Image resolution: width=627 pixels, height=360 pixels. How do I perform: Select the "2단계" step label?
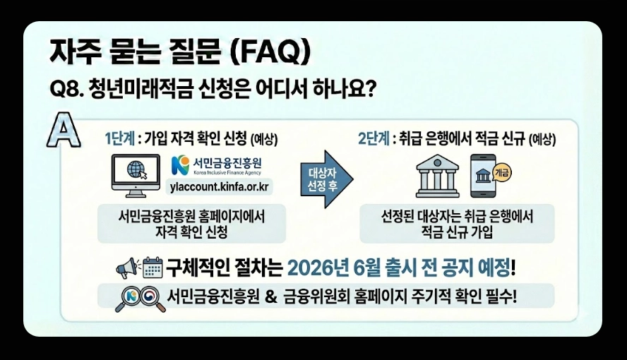373,138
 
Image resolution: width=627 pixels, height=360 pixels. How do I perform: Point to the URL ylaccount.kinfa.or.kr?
220,187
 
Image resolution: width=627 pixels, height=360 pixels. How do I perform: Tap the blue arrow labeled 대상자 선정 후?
324,179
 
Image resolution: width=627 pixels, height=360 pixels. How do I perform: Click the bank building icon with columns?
438,176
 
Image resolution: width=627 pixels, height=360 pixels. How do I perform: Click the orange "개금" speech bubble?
503,172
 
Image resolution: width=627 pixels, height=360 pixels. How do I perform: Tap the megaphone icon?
128,268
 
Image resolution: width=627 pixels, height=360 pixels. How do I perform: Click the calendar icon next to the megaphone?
153,268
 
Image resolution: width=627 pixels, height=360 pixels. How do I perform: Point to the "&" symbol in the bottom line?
269,297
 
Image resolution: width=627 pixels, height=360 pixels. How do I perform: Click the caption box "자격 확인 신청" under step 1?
192,224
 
